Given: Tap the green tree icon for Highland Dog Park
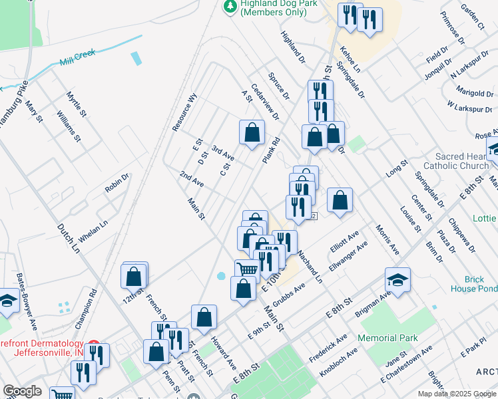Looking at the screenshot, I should point(230,7).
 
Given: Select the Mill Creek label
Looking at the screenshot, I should point(78,56).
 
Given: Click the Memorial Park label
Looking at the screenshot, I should point(387,338).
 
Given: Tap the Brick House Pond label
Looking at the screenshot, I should point(472,285).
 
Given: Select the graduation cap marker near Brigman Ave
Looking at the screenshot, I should point(397,279).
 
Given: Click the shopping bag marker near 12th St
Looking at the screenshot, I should point(134,275).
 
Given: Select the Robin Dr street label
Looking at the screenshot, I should point(117,183).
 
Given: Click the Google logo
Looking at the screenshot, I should point(22,391).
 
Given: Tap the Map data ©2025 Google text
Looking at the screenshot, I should point(456,394).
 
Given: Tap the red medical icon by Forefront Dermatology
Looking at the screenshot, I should point(93,346).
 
